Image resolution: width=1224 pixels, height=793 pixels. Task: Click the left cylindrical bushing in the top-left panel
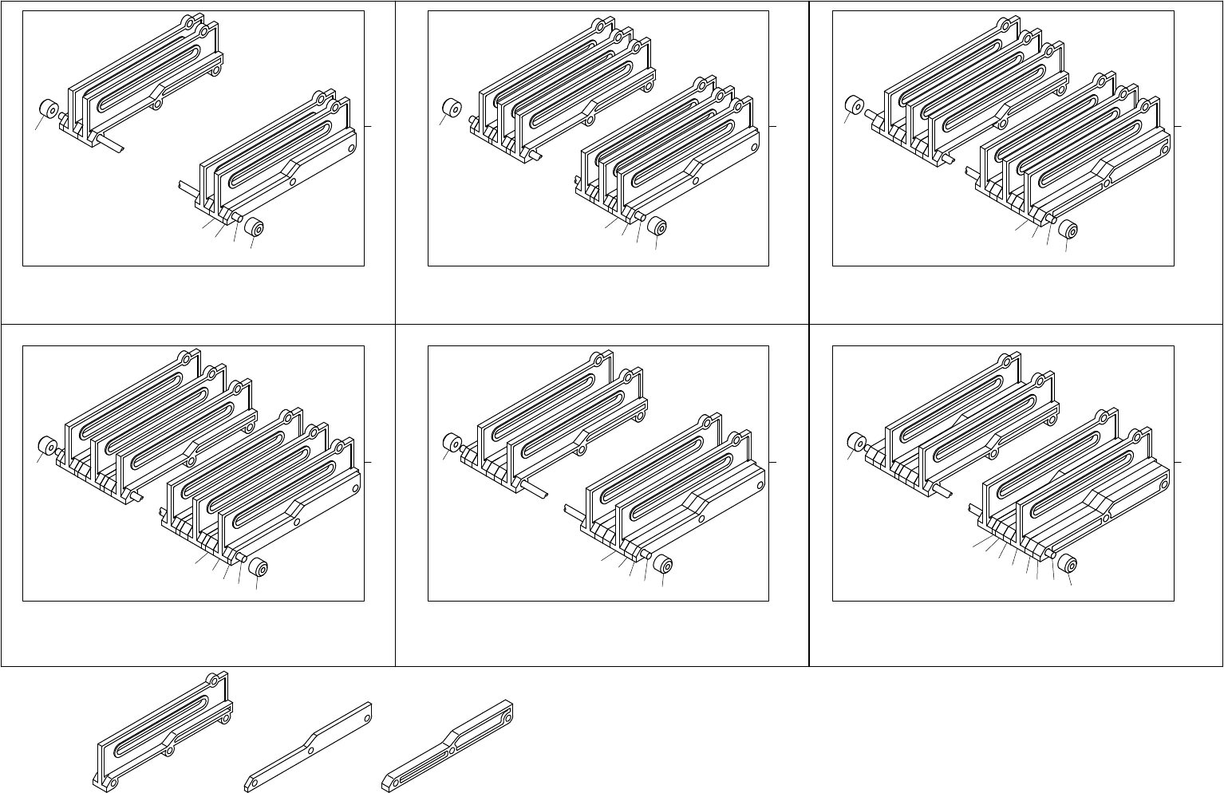[47, 108]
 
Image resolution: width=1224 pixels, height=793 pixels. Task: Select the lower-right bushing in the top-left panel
[255, 229]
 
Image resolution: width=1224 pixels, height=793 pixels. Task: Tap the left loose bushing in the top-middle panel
[452, 108]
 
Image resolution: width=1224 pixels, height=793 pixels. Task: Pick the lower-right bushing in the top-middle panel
[657, 227]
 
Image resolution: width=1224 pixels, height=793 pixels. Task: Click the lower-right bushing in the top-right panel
[1069, 230]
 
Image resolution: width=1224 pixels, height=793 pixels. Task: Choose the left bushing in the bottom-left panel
[47, 445]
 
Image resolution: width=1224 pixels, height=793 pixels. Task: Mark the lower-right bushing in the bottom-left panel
[258, 567]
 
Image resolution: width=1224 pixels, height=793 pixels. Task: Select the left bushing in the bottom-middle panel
[452, 444]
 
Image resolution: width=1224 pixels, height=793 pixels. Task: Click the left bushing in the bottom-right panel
[858, 443]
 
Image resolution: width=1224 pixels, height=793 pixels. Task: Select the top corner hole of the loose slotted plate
[213, 680]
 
